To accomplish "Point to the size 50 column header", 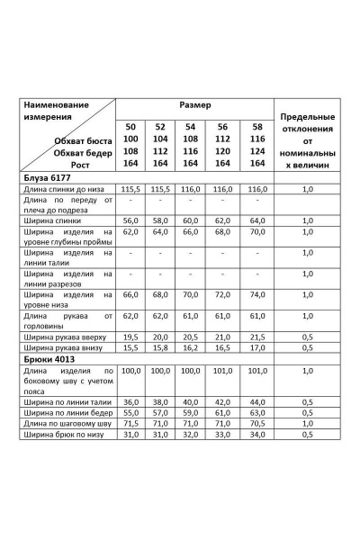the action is [x=131, y=127].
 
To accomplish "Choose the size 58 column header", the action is [x=257, y=127].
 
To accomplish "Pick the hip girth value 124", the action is [x=257, y=151].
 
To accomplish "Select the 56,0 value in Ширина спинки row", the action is [x=131, y=220].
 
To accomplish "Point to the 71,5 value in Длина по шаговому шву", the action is [x=131, y=422].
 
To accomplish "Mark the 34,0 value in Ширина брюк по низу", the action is [x=257, y=434].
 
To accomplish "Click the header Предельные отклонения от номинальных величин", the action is [x=308, y=141].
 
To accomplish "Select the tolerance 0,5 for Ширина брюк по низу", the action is [x=308, y=434].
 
